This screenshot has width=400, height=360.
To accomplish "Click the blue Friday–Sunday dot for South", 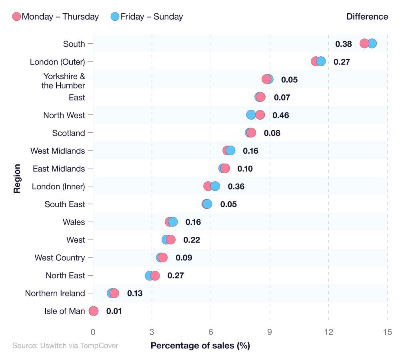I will [372, 44].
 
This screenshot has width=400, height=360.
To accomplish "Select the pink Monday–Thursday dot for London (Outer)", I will [315, 61].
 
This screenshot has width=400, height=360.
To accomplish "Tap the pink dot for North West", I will [260, 115].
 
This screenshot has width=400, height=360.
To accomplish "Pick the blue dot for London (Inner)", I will [216, 186].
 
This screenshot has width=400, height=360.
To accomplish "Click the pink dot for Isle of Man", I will [94, 311].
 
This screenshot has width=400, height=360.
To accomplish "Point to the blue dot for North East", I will [149, 276].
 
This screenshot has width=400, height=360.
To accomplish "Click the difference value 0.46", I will [280, 115].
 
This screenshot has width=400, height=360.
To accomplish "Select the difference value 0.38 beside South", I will [343, 44].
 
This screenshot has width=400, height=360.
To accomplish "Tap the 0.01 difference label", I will [114, 311].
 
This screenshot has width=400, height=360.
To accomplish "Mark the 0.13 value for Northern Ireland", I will [135, 294].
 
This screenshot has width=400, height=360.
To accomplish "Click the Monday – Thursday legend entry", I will [56, 17].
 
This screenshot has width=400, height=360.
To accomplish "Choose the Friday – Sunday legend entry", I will [147, 17].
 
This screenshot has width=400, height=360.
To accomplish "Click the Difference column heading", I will [367, 17].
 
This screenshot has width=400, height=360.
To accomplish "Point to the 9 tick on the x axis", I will [270, 332].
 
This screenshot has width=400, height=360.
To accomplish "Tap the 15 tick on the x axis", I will [387, 332].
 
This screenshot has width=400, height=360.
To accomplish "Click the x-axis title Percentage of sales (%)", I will [200, 346].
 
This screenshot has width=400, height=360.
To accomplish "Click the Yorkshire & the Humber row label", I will [64, 81].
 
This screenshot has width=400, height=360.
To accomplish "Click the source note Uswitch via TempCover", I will [65, 346].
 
